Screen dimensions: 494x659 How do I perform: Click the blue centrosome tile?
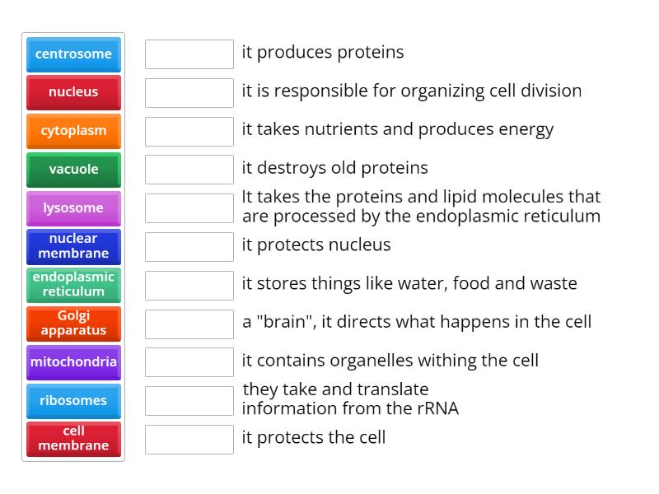click(73, 54)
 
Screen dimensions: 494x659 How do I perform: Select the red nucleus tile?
click(73, 92)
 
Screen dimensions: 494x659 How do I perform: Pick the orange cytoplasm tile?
click(73, 131)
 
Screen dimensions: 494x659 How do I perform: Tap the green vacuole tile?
click(73, 170)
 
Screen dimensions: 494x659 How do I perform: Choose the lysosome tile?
click(73, 208)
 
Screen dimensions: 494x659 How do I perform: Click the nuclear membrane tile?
click(73, 246)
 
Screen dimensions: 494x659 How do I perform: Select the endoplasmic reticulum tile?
click(73, 284)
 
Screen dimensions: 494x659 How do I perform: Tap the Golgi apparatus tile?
click(73, 323)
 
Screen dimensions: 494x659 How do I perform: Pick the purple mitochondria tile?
click(73, 362)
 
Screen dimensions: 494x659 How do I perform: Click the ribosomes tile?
click(73, 401)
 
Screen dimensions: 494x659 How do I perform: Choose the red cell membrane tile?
click(73, 439)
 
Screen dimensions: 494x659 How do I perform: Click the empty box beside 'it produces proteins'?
click(189, 54)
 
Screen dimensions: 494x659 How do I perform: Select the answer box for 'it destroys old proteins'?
click(189, 170)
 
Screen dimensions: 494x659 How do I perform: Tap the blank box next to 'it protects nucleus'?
click(189, 246)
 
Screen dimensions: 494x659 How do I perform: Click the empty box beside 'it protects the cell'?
click(189, 439)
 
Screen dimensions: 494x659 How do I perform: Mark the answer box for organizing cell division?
click(189, 92)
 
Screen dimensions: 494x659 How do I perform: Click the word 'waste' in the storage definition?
click(553, 283)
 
